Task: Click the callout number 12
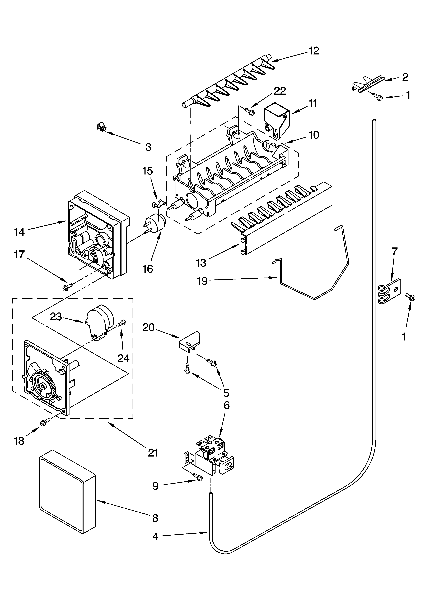[314, 51]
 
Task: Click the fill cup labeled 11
[277, 119]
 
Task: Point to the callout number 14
[20, 232]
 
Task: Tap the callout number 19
[202, 281]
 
